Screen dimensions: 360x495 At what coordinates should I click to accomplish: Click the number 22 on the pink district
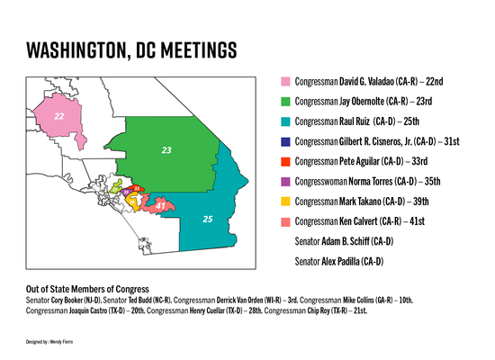pos(58,116)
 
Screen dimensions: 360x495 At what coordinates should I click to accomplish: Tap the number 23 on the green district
pos(166,149)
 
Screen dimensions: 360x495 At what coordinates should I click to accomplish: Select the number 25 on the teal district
pos(208,219)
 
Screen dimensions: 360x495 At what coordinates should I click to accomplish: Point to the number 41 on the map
pos(160,207)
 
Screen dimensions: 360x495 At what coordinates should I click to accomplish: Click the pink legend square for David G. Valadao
pos(285,83)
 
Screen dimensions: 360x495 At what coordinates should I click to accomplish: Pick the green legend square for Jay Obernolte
pos(285,103)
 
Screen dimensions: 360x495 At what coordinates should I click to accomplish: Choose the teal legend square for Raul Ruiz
pos(285,122)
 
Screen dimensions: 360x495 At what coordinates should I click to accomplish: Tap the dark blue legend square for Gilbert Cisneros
pos(285,142)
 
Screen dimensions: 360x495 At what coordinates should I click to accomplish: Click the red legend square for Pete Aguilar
pos(285,162)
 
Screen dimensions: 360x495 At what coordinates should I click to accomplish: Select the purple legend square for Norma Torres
pos(285,182)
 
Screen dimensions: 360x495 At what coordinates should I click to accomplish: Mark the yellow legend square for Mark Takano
pos(285,202)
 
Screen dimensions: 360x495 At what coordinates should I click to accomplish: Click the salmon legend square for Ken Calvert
pos(285,221)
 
